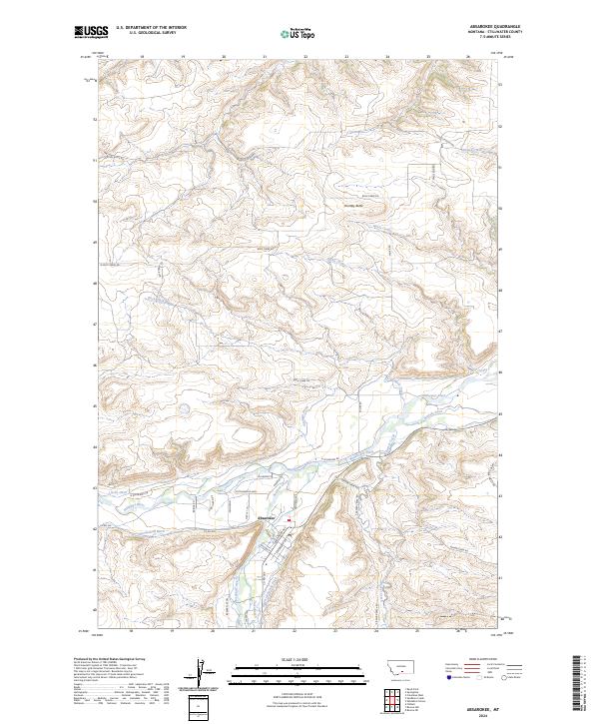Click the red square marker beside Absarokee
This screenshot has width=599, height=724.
(x=289, y=519)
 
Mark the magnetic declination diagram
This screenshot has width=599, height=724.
(x=202, y=673)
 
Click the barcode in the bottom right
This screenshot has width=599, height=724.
(x=580, y=682)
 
